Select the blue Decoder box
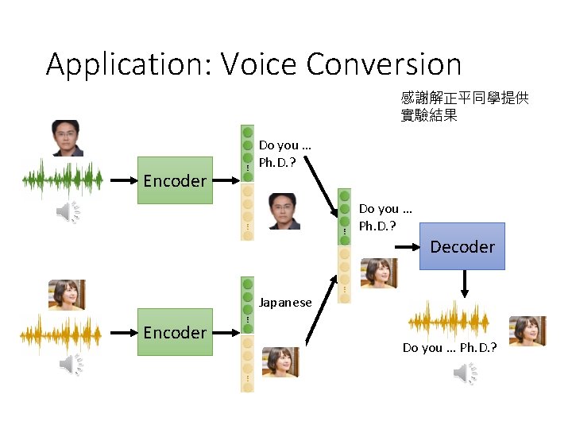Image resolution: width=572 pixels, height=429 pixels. coord(462,246)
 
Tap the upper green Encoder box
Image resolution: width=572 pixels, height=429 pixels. coord(175,180)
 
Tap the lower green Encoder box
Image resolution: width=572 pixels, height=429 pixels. coord(175,332)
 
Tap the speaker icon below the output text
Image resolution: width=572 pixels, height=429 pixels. coord(465,372)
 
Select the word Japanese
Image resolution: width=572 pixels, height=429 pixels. coord(286,303)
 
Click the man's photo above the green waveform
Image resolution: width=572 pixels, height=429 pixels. coord(67,138)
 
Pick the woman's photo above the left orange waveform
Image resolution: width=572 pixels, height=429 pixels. coord(67,294)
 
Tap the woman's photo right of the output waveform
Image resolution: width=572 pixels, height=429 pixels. coord(527,330)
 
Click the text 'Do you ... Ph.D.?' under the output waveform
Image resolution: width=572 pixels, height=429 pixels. coord(449,348)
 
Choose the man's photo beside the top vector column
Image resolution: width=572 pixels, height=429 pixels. coord(284,211)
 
